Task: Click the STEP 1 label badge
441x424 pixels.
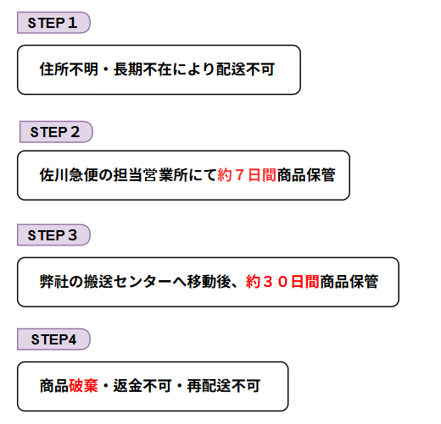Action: click(53, 23)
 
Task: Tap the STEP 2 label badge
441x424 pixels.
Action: click(56, 132)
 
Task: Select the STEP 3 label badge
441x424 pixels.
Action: click(53, 235)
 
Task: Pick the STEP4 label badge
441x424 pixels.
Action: click(53, 339)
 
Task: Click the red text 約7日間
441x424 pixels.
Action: click(247, 175)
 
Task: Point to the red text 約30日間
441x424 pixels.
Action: click(282, 281)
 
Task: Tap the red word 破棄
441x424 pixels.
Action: click(83, 386)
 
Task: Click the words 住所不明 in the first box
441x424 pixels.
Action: click(69, 69)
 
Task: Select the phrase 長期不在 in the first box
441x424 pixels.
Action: click(142, 69)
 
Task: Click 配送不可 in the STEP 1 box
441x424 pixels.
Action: click(246, 69)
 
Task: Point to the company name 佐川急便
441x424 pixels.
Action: click(69, 175)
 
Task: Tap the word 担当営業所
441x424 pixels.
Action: click(150, 175)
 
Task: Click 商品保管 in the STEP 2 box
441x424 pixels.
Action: click(306, 175)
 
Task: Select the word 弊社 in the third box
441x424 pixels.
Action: click(54, 281)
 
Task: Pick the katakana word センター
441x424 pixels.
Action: click(142, 281)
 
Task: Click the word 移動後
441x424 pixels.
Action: click(209, 281)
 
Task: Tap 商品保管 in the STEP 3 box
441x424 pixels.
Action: click(349, 281)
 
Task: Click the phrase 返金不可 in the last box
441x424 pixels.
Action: click(142, 386)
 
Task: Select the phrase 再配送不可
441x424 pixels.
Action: click(224, 386)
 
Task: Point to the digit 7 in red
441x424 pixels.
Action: click(239, 175)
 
